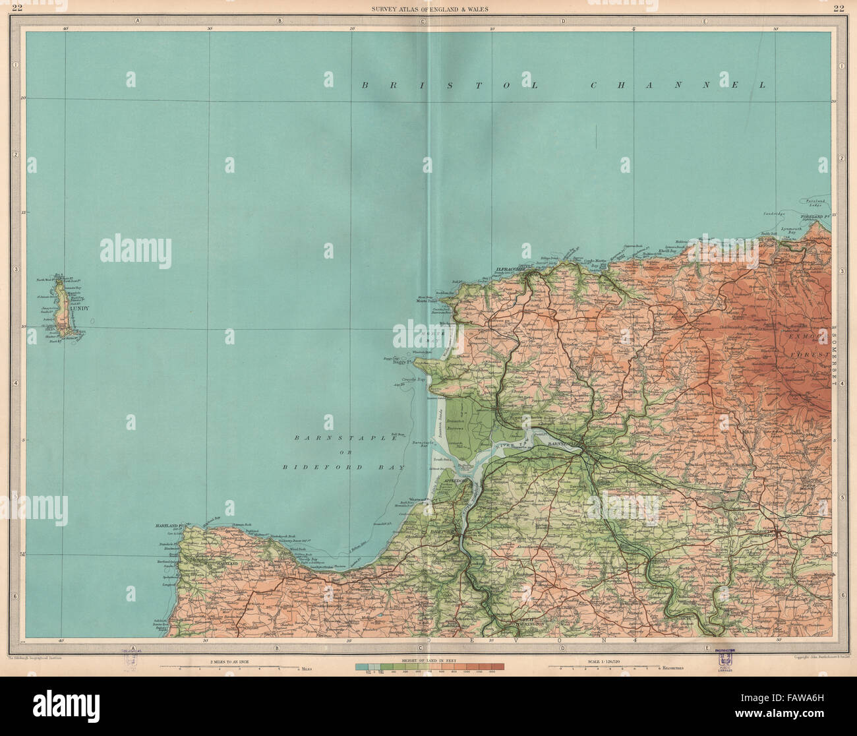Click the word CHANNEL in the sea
coord(679,85)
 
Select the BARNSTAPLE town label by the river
coord(564,445)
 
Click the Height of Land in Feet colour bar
coord(429,667)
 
